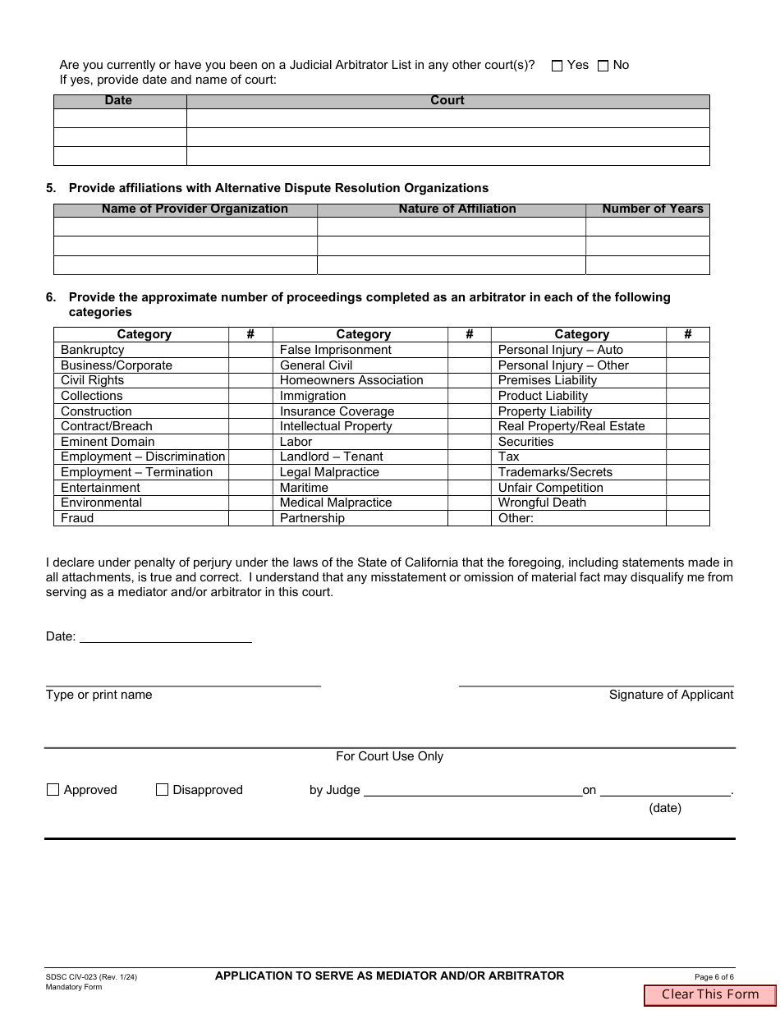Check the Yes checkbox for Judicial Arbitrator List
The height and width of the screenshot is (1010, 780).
click(x=557, y=66)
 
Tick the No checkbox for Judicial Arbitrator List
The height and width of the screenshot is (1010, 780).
click(x=603, y=66)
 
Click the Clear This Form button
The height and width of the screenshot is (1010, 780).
click(x=710, y=994)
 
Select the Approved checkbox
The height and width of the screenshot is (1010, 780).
click(x=53, y=790)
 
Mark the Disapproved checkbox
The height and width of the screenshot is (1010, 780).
click(x=162, y=790)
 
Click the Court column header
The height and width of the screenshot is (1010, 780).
click(x=447, y=100)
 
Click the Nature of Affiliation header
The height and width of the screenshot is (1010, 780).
click(x=457, y=209)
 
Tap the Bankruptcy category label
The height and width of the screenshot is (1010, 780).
click(x=93, y=350)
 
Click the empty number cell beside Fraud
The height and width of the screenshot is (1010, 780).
click(x=250, y=518)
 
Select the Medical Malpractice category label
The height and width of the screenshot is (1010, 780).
click(x=336, y=503)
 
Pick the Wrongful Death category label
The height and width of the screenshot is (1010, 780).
click(x=542, y=503)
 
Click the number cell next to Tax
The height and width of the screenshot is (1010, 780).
click(x=687, y=457)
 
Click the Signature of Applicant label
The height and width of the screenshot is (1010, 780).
click(x=671, y=695)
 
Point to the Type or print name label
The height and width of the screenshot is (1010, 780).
click(x=99, y=695)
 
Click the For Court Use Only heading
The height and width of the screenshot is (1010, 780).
click(x=389, y=756)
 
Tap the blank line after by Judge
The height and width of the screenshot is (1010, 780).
click(x=472, y=790)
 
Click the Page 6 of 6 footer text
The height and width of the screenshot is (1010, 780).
click(x=713, y=977)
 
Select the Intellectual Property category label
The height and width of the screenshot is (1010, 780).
click(x=336, y=426)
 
